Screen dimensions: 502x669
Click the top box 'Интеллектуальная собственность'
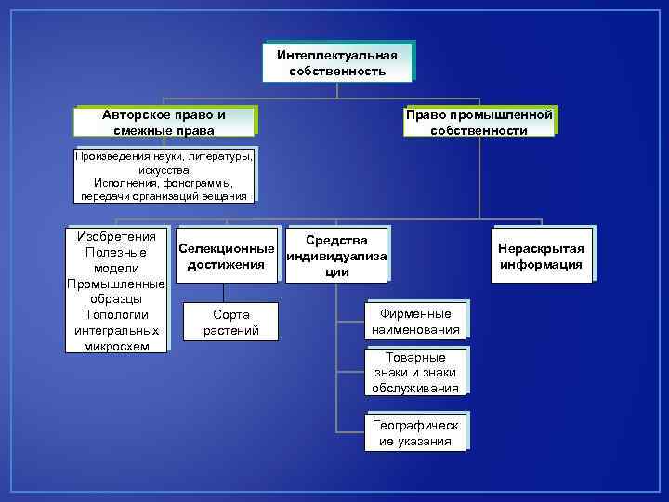coord(336,62)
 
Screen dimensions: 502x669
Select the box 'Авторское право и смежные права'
coord(164,122)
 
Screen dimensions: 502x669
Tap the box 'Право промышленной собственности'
coord(479,122)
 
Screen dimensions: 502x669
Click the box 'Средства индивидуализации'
coord(337,256)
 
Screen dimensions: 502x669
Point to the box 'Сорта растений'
coord(230,323)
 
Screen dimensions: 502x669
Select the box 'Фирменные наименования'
coord(415,322)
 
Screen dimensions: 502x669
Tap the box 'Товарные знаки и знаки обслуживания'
coord(415,372)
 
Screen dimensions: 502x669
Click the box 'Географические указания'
coord(415,432)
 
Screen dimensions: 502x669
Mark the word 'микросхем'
coord(116,346)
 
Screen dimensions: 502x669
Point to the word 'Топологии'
coord(116,314)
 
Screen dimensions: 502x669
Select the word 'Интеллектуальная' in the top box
coord(336,55)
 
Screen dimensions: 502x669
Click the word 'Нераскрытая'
coord(541,249)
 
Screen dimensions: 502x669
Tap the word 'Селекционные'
coord(227,249)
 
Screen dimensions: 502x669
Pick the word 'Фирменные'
coord(415,314)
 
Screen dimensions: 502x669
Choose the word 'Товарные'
coord(415,357)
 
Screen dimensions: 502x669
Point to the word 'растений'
coord(230,330)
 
